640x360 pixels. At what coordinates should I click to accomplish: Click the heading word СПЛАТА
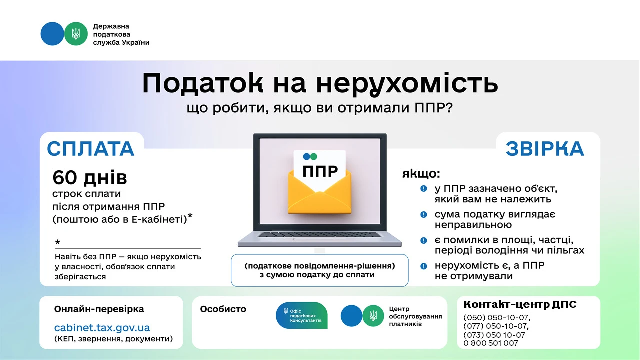[91, 149]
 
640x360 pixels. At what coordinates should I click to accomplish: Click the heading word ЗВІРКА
[545, 149]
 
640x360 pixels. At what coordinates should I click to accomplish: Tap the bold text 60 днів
[90, 177]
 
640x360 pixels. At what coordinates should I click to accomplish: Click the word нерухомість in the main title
[407, 84]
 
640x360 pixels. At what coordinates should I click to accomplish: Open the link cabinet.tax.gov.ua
[102, 328]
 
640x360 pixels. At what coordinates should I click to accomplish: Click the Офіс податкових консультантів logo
[302, 315]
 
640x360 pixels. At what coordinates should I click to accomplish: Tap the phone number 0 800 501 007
[491, 343]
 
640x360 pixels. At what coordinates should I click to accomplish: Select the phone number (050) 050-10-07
[496, 318]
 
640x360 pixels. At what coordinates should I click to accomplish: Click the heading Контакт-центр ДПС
[520, 304]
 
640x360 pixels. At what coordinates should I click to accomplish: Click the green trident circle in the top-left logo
[76, 34]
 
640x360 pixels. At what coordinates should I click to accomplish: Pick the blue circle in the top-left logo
[52, 34]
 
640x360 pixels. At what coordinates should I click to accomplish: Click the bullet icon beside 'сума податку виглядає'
[424, 215]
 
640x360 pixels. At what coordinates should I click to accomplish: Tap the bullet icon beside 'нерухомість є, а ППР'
[424, 266]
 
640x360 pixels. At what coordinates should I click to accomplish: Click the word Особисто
[223, 309]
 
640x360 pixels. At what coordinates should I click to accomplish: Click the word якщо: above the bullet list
[421, 174]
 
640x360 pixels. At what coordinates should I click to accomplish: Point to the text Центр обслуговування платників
[415, 317]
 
